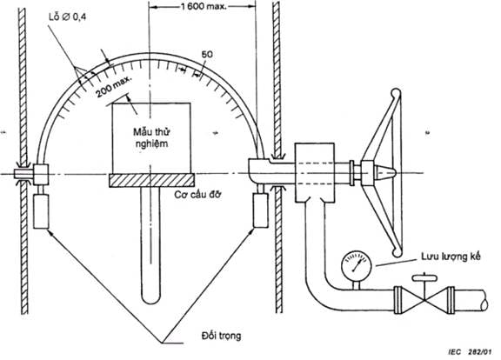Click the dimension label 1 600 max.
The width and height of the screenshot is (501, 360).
coord(204,6)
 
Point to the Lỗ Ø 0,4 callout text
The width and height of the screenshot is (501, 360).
coord(68,17)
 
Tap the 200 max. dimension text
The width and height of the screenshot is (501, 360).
coord(114,87)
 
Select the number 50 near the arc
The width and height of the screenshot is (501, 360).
coord(207,54)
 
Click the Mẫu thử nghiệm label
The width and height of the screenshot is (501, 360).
coord(151,137)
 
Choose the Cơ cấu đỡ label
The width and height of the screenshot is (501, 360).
coord(197,195)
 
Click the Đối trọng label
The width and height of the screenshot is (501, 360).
coord(221,336)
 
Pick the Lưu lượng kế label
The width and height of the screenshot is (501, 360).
coord(451,257)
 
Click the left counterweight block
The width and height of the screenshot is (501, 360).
coord(41,211)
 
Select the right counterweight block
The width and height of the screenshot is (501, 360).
coord(260,210)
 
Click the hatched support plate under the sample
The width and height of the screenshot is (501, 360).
coord(151,180)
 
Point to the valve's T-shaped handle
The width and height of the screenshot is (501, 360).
coord(424,277)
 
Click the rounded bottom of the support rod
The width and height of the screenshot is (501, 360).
coord(150,298)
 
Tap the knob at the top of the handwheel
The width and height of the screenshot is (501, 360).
coord(396,93)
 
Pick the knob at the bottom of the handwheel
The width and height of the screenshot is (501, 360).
coord(397,252)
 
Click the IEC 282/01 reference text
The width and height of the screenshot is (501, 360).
coord(470,352)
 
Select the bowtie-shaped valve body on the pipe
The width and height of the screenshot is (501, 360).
coord(424,301)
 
